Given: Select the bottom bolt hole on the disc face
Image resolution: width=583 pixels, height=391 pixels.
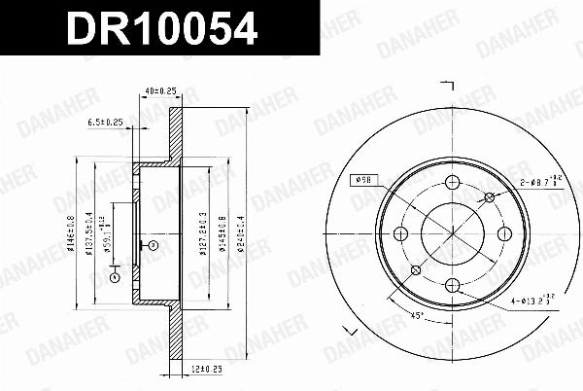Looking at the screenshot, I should click(x=452, y=284).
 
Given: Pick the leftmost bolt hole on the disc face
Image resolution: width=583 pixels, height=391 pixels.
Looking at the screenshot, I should click(x=400, y=233).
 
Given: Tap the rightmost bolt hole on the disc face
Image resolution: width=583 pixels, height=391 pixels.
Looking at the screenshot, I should click(x=503, y=233).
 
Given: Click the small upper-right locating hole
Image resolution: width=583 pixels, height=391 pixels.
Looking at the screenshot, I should click(x=488, y=197).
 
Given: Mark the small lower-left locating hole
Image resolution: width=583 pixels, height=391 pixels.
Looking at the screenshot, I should click(x=416, y=269).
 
